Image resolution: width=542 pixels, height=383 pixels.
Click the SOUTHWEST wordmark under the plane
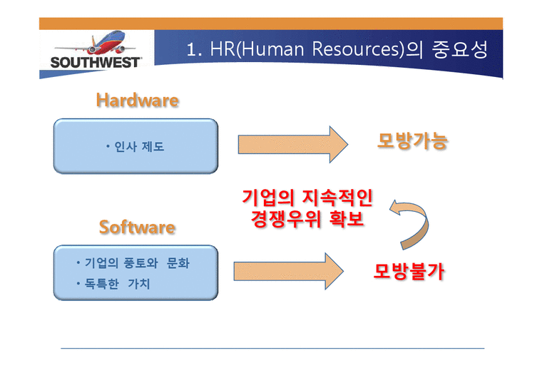coord(96,62)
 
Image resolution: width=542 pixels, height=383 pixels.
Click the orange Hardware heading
coord(137,101)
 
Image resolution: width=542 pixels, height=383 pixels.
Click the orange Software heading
coord(137,228)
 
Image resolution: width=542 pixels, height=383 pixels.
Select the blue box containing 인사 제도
coord(135,146)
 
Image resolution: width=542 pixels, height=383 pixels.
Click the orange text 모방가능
coord(412,141)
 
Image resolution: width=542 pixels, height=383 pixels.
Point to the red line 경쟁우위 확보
coord(307,219)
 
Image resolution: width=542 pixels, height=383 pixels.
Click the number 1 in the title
coord(191,50)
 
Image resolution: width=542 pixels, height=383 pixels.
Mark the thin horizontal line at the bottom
coord(272,349)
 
